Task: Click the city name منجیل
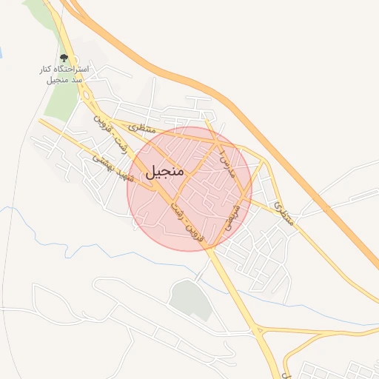tap(168, 172)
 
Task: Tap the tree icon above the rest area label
tap(64, 58)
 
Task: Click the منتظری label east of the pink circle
tap(284, 212)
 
